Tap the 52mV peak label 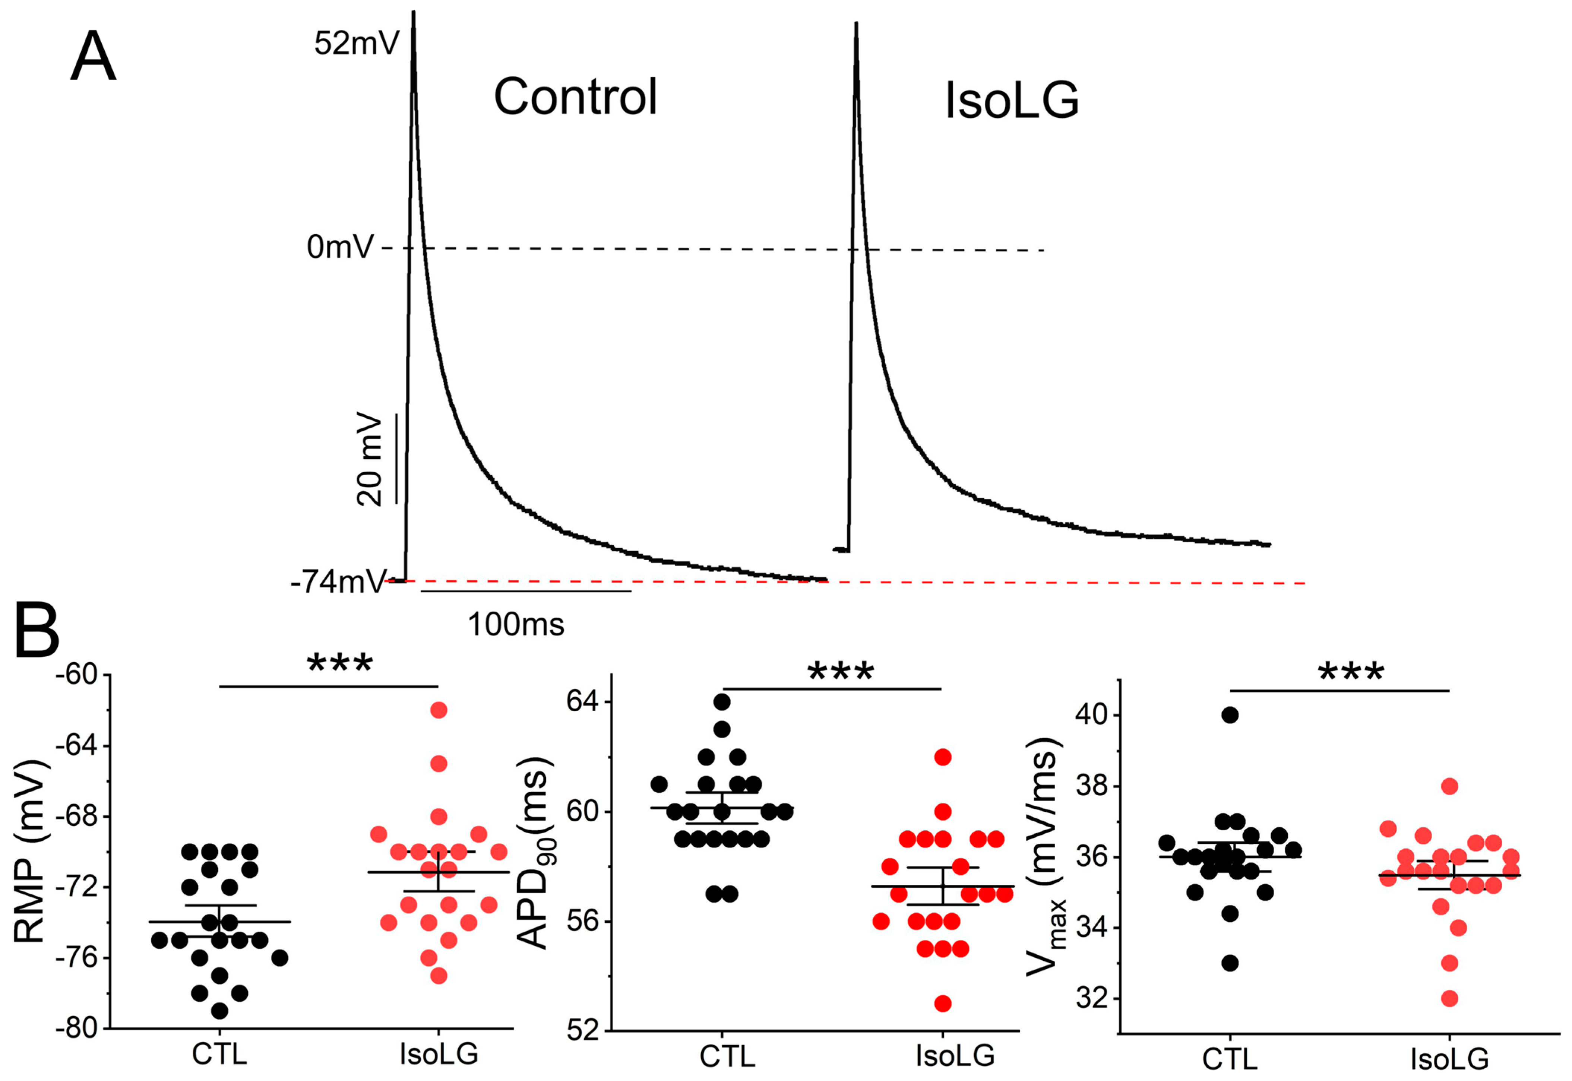356,44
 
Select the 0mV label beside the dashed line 340,247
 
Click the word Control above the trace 575,97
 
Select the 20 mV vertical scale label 370,460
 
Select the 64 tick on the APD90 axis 582,702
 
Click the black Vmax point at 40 1230,715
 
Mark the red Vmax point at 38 1449,786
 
